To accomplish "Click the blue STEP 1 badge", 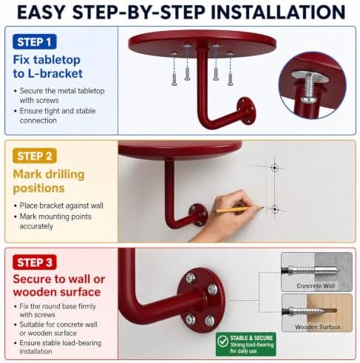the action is [x=35, y=41].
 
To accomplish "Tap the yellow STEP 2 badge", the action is [x=35, y=156].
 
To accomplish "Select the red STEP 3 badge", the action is [x=35, y=262].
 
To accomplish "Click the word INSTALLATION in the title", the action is [x=278, y=12].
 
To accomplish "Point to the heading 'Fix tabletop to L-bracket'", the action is [x=47, y=67].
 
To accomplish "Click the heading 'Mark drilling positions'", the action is [x=49, y=181].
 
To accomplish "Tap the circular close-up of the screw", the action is [x=313, y=85].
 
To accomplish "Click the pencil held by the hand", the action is [x=239, y=209].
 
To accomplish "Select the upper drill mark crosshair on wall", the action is [x=274, y=168].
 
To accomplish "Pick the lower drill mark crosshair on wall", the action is [x=275, y=209].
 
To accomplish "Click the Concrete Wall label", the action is [x=316, y=286].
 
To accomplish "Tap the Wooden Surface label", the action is [x=318, y=327].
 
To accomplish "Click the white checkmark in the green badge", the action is [x=223, y=342].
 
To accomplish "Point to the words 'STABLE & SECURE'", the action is [x=251, y=338].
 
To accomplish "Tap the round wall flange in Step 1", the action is [x=245, y=111].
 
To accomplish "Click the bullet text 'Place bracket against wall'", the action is [x=61, y=206].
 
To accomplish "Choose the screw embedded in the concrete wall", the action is [x=311, y=271].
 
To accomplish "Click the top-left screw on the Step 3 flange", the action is [x=191, y=279].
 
